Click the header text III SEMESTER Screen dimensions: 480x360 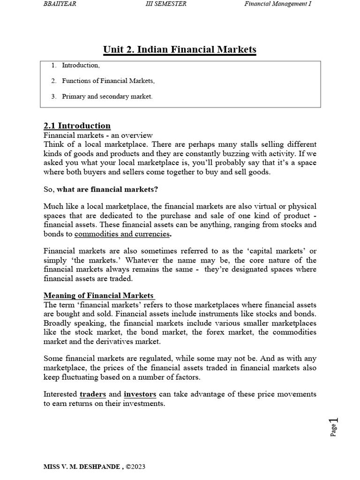pyautogui.click(x=166, y=4)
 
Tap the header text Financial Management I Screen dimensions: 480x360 pyautogui.click(x=278, y=4)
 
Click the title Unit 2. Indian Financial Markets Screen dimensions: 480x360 pyautogui.click(x=180, y=49)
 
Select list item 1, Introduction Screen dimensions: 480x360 pyautogui.click(x=81, y=66)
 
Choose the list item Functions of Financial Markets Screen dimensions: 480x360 pyautogui.click(x=108, y=81)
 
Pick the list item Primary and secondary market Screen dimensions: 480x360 pyautogui.click(x=107, y=97)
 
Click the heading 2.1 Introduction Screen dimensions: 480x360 pyautogui.click(x=77, y=126)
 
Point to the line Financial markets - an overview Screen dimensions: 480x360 pyautogui.click(x=95, y=135)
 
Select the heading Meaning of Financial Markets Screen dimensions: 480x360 pyautogui.click(x=99, y=295)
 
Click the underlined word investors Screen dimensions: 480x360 pyautogui.click(x=140, y=394)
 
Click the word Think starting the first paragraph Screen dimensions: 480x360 pyautogui.click(x=52, y=144)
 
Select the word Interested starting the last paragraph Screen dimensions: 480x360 pyautogui.click(x=60, y=394)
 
